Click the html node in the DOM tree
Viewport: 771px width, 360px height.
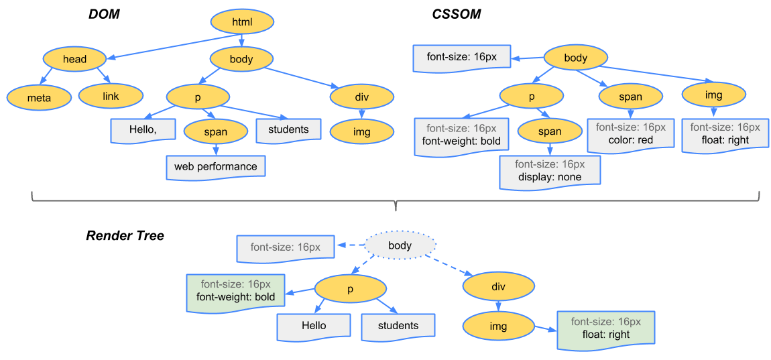coord(242,22)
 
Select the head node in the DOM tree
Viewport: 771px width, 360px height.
coord(74,59)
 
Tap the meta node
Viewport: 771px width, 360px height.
coord(39,97)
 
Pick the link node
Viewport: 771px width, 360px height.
coord(111,97)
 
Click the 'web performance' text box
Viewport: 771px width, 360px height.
coord(215,166)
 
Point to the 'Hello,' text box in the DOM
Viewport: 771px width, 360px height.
coord(143,130)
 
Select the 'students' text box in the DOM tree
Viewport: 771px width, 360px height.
coord(288,130)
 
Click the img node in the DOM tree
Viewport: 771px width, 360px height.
coord(361,132)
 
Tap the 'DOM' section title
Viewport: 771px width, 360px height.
coord(104,14)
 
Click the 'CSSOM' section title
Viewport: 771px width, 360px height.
coord(456,14)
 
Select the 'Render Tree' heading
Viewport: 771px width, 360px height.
coord(125,236)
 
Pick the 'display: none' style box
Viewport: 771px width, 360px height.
coord(549,171)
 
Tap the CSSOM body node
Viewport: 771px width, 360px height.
coord(575,58)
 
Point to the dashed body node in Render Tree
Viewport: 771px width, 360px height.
coord(400,246)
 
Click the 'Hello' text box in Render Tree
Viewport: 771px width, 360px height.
coord(314,326)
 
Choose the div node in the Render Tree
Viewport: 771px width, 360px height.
coord(498,287)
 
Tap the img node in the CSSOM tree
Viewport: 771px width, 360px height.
coord(713,95)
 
